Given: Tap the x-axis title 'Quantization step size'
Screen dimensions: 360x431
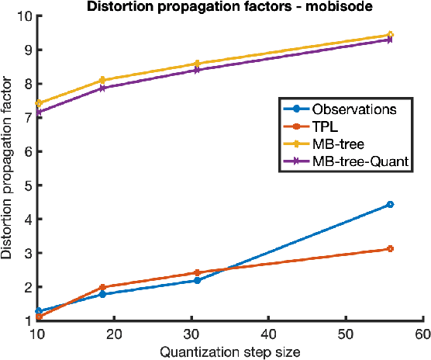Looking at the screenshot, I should click(x=230, y=351).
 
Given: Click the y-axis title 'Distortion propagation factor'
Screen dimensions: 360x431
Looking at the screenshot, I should click(x=9, y=168).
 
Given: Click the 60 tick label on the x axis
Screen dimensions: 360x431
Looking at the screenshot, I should click(x=422, y=334).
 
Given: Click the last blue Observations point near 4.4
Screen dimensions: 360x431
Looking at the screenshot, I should click(x=390, y=205).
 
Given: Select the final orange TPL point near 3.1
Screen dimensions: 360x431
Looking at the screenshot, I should click(x=390, y=249).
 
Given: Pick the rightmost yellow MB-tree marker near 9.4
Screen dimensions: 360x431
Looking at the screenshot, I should click(x=390, y=35).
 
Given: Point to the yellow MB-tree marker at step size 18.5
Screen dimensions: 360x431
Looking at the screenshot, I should click(x=103, y=80).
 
